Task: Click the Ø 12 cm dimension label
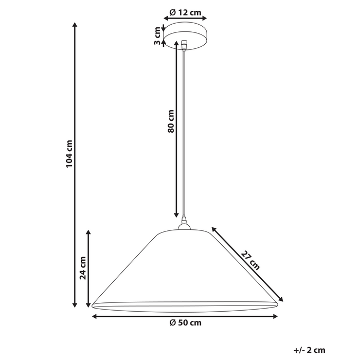tap(184, 12)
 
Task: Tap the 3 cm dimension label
tap(157, 35)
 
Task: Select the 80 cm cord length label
tap(171, 121)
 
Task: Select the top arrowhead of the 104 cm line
tap(76, 25)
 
